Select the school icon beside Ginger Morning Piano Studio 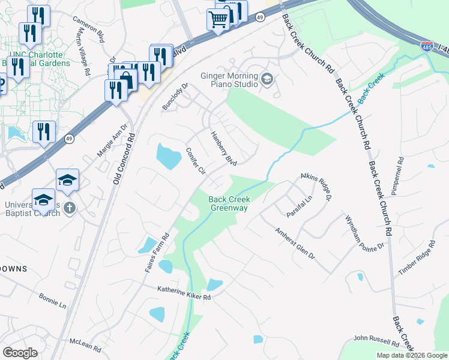point(267,79)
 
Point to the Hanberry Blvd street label point(223,149)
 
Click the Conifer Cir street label point(196,161)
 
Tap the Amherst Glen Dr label point(294,243)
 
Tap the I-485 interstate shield point(427,46)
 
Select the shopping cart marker point(217,20)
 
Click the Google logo point(20,352)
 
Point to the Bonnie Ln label point(52,301)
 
